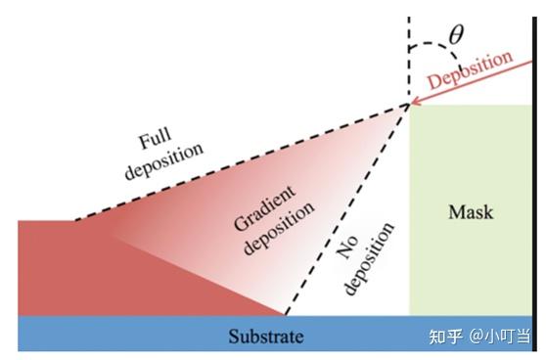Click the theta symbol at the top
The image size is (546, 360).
pos(456,35)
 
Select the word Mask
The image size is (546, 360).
pos(471,211)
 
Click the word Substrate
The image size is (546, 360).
pos(265,338)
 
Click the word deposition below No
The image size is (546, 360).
pos(376,258)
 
